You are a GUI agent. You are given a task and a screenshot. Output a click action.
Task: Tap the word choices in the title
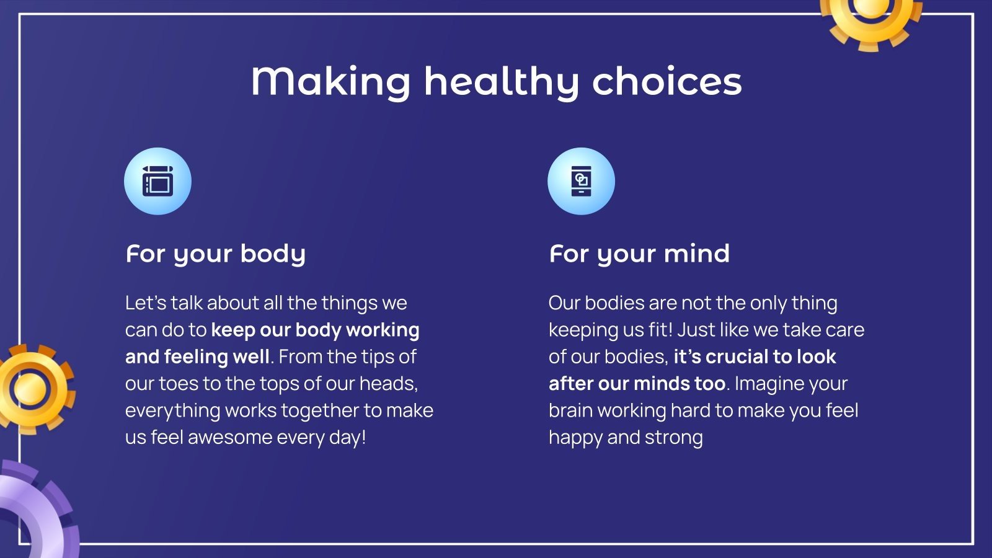667,81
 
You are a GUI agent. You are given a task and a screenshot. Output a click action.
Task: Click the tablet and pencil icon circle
157,181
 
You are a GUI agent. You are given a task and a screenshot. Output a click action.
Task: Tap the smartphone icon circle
581,181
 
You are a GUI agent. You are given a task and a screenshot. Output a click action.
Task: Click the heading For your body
216,254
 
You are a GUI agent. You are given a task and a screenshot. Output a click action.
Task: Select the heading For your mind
639,254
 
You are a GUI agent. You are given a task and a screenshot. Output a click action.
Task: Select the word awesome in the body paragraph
230,438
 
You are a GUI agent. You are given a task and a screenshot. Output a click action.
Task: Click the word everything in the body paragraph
173,411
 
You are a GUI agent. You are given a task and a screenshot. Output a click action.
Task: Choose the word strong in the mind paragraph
673,438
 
